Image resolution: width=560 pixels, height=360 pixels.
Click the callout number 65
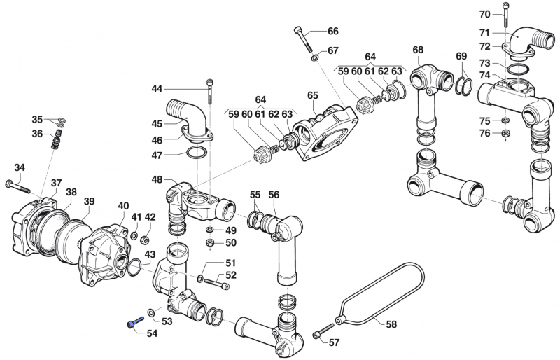pyautogui.click(x=312, y=95)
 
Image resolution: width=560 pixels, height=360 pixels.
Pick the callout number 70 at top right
pyautogui.click(x=484, y=14)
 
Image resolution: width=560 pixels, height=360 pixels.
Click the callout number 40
pyautogui.click(x=123, y=205)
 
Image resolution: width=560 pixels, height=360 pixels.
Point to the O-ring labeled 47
pyautogui.click(x=198, y=153)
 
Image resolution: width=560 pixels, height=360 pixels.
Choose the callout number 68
pyautogui.click(x=418, y=50)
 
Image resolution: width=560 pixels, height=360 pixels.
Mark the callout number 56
pyautogui.click(x=274, y=195)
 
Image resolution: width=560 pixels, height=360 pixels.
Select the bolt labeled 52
pyautogui.click(x=217, y=284)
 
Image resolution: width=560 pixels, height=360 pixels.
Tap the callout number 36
pyautogui.click(x=37, y=134)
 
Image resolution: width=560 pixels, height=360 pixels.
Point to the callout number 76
pyautogui.click(x=484, y=134)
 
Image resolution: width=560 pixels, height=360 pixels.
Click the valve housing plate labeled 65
pyautogui.click(x=323, y=130)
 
